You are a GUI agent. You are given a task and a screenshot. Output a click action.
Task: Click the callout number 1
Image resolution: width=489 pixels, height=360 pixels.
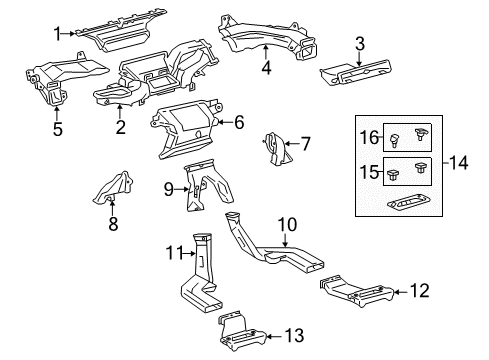click(x=57, y=32)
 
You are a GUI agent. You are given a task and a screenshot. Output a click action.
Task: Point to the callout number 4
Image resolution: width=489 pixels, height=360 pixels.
click(x=266, y=68)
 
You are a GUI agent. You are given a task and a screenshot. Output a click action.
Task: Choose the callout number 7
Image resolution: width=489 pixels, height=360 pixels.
click(x=306, y=144)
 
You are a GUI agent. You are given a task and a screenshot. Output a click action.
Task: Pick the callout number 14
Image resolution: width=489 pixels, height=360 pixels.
click(x=460, y=160)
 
